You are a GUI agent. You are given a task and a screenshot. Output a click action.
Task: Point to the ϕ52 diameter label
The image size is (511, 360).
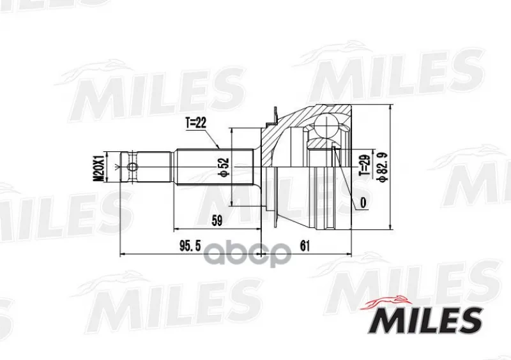[225, 168]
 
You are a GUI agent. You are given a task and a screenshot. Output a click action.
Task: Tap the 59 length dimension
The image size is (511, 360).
[217, 221]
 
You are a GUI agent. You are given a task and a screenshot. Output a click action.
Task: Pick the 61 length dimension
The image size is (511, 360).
[305, 246]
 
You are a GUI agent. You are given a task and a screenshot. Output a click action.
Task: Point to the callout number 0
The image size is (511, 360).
[363, 202]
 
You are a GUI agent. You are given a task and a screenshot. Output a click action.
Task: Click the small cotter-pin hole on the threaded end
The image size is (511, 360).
[132, 167]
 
